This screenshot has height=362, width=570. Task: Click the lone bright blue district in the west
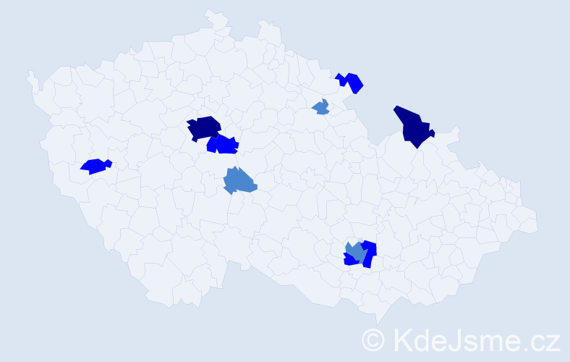(93, 166)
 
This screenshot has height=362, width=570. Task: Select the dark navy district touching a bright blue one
(204, 127)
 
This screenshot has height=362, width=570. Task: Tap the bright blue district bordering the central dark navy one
(224, 145)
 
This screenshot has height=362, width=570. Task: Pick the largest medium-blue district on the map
(239, 180)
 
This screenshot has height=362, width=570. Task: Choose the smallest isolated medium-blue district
(321, 108)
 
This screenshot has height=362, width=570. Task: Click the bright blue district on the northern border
(352, 82)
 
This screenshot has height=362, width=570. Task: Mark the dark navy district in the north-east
(412, 126)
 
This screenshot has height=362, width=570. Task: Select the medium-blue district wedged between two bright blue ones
(355, 251)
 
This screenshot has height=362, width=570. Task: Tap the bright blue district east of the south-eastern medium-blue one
(370, 252)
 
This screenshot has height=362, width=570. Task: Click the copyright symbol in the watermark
(374, 339)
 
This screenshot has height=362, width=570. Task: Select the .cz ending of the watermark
(539, 340)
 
